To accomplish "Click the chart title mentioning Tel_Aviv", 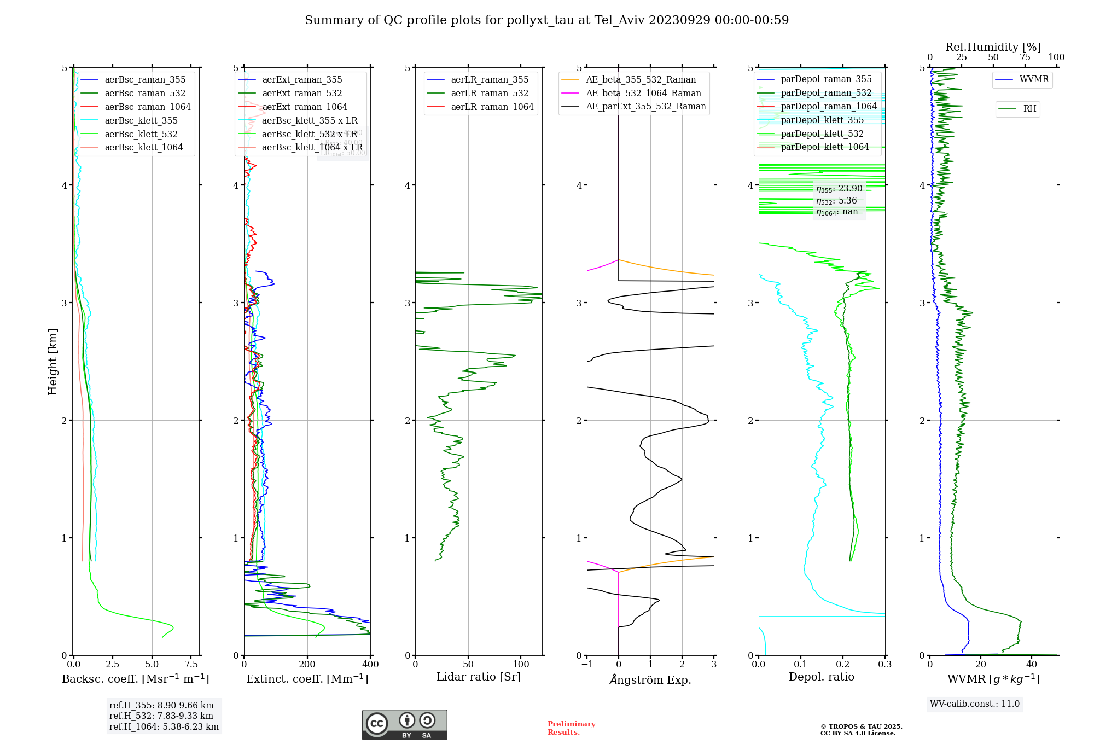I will tap(546, 20).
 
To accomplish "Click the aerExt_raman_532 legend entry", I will tap(302, 94).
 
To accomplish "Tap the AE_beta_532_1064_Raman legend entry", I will tap(643, 94).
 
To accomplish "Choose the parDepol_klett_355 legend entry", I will tap(822, 120).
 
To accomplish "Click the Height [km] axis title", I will tap(53, 362).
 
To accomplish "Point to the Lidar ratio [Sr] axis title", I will tap(479, 677).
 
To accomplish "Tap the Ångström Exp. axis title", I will tap(650, 680).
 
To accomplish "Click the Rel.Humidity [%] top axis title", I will tap(993, 47).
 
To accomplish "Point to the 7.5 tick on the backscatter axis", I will tap(191, 665).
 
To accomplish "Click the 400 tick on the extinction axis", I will tap(370, 665).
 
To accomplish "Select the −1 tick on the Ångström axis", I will tap(587, 665).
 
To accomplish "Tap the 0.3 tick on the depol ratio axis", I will tap(884, 665).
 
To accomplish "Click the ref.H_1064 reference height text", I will tap(164, 727).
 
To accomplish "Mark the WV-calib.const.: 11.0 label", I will tap(975, 704).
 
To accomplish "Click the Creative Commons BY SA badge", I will tap(404, 724).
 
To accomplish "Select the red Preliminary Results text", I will tap(571, 728).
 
